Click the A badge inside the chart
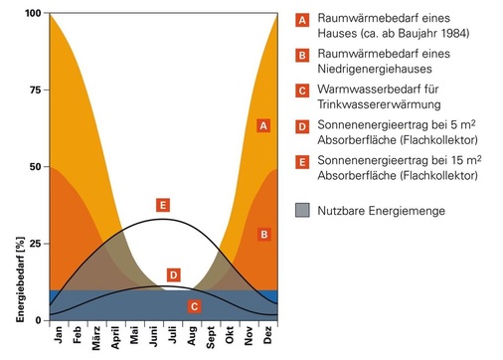click(262, 126)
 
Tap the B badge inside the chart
click(263, 235)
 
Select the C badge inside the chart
click(194, 306)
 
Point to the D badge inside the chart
click(173, 274)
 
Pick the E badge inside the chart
click(163, 205)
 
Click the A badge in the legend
click(303, 19)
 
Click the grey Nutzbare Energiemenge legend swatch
click(303, 210)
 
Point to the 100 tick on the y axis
click(31, 14)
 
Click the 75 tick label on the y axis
click(34, 90)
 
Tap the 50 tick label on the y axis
click(34, 166)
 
